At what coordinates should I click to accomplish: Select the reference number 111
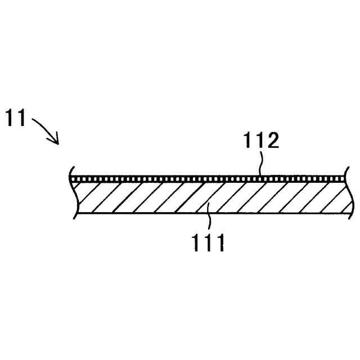[x=207, y=244]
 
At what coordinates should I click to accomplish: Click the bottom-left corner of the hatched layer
[x=75, y=214]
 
